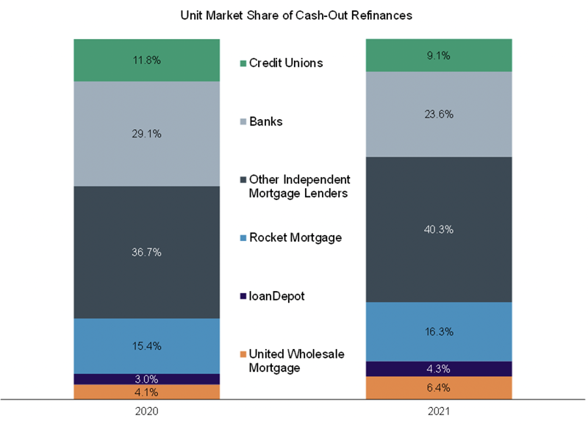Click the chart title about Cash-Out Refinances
click(x=294, y=14)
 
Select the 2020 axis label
click(x=147, y=412)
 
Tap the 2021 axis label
click(x=440, y=412)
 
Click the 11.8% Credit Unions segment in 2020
click(x=147, y=60)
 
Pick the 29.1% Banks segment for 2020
click(x=147, y=134)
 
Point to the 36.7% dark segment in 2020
click(x=147, y=252)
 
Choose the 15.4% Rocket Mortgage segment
click(x=147, y=345)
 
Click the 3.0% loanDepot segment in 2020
click(x=147, y=379)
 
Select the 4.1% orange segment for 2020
click(x=147, y=392)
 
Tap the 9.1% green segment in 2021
click(x=440, y=54)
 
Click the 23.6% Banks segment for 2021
click(x=440, y=114)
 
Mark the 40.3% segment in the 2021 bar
click(x=440, y=229)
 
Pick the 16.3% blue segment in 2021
click(x=440, y=331)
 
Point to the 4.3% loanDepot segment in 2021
click(x=440, y=369)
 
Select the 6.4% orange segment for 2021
click(x=440, y=388)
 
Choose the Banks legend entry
click(x=265, y=121)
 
